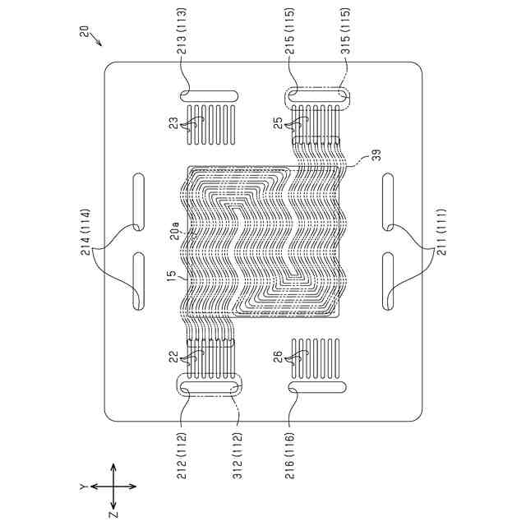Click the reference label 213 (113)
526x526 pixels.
182,48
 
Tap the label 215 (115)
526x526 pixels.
290,48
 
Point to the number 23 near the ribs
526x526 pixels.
173,123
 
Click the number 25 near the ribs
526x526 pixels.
279,123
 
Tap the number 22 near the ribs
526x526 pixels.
173,357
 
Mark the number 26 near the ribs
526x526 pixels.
277,357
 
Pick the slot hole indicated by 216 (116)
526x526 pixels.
316,386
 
